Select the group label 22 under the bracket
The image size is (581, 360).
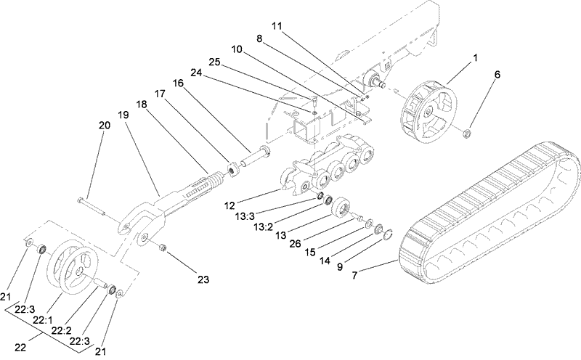pyautogui.click(x=22, y=347)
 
